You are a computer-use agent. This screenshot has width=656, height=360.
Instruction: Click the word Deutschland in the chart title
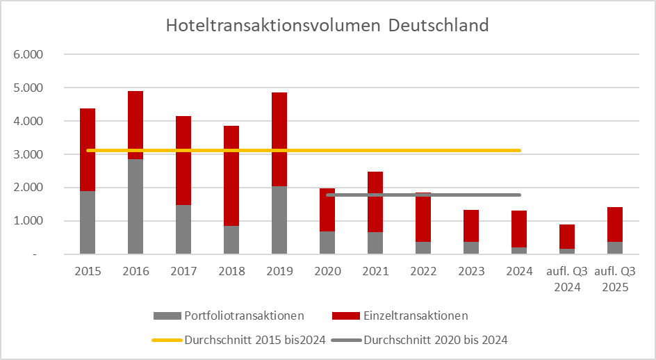pyautogui.click(x=438, y=26)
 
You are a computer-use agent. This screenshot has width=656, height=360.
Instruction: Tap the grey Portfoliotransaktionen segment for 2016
pyautogui.click(x=136, y=206)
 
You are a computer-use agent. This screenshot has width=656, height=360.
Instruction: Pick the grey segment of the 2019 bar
pyautogui.click(x=279, y=220)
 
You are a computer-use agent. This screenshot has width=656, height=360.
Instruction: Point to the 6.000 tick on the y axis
pyautogui.click(x=29, y=54)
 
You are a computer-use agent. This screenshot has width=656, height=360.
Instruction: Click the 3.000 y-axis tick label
pyautogui.click(x=29, y=154)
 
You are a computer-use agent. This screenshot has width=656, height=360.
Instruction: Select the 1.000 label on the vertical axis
pyautogui.click(x=29, y=221)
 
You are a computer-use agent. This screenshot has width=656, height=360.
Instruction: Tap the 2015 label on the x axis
pyautogui.click(x=88, y=271)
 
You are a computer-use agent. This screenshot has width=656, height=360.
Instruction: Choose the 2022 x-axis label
pyautogui.click(x=423, y=271)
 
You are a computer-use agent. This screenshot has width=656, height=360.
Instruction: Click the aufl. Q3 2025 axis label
pyautogui.click(x=615, y=278)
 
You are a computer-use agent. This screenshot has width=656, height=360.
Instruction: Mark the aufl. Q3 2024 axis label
pyautogui.click(x=567, y=278)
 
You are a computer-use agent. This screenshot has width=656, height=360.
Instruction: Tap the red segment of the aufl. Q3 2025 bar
pyautogui.click(x=615, y=224)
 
